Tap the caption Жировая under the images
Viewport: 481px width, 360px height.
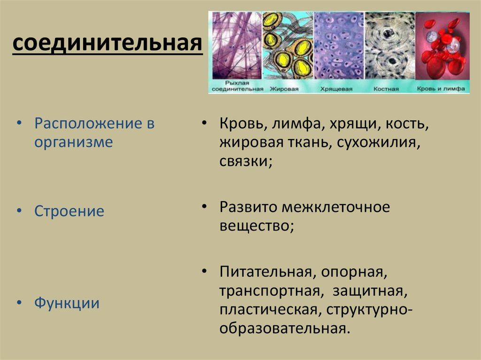click(284, 89)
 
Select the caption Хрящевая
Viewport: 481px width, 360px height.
click(336, 89)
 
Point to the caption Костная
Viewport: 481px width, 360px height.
click(386, 89)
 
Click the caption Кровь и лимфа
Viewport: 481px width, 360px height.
click(441, 89)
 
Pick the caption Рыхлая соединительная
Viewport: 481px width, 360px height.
click(237, 86)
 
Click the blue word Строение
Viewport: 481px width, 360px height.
click(69, 211)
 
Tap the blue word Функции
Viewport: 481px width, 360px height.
click(67, 303)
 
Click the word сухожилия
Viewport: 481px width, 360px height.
click(379, 143)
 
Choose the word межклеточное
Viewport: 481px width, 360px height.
click(336, 207)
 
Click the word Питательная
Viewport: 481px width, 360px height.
click(268, 272)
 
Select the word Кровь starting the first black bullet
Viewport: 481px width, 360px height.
click(243, 123)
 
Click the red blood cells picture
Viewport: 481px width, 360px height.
click(442, 46)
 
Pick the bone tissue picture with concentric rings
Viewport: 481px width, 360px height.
click(389, 46)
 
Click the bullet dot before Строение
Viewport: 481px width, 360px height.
click(20, 211)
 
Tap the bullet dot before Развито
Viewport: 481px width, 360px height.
click(205, 207)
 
